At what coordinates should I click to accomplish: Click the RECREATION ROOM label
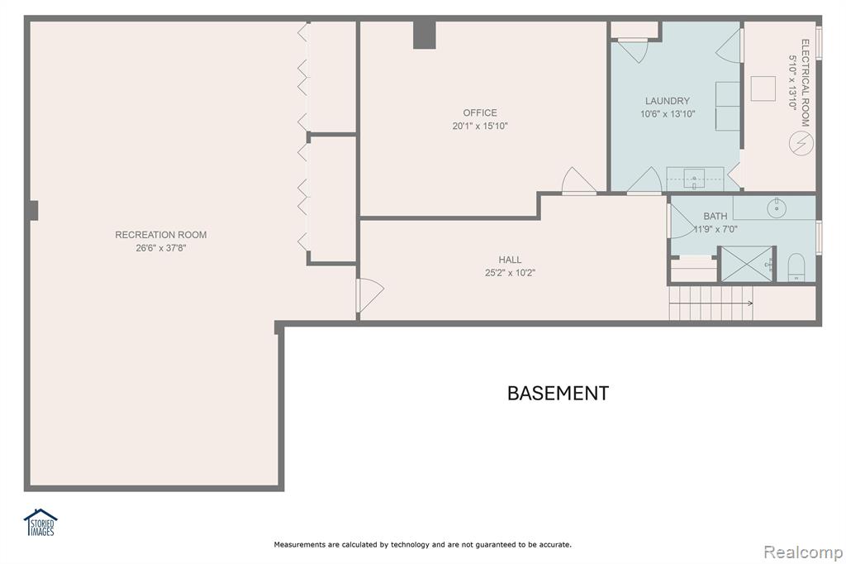161,235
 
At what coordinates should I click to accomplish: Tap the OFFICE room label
480,113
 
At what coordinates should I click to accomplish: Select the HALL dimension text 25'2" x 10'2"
510,273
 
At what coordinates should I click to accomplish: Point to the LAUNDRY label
668,101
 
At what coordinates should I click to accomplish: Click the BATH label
715,216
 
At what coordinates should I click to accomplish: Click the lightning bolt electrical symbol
801,142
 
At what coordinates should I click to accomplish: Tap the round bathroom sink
777,208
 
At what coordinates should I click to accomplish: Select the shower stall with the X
747,264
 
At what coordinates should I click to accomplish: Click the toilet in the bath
796,268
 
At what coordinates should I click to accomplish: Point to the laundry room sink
694,179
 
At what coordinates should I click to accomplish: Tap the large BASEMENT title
558,394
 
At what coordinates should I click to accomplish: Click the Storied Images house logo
40,523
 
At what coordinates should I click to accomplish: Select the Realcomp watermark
803,552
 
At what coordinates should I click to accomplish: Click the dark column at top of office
424,35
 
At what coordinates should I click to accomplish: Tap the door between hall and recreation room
370,295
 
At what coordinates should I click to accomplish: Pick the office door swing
578,180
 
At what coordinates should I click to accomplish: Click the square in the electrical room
763,88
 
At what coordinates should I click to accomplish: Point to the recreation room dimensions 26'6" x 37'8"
161,248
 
